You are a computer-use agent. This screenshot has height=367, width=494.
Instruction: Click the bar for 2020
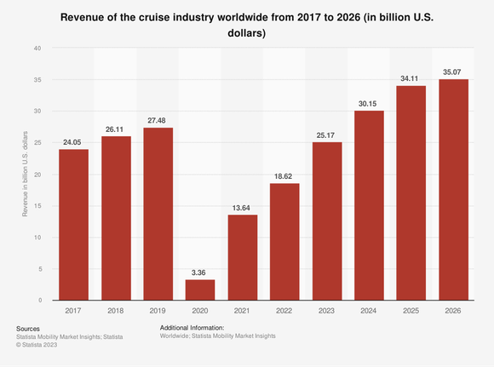click(x=200, y=290)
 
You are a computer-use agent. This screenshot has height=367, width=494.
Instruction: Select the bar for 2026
click(x=453, y=190)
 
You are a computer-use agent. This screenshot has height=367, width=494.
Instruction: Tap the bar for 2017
click(x=73, y=225)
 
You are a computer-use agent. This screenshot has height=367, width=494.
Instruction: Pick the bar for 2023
click(x=326, y=221)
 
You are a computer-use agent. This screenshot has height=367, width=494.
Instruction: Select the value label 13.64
click(x=242, y=206)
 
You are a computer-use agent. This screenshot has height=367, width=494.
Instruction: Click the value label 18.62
click(x=284, y=175)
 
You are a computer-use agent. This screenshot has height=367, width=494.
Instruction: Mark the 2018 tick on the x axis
click(x=116, y=310)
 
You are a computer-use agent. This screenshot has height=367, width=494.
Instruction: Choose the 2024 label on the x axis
click(x=369, y=310)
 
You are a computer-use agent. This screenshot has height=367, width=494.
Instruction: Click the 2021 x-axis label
click(x=242, y=310)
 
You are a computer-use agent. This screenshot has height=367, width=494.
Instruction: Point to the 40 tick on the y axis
click(x=37, y=48)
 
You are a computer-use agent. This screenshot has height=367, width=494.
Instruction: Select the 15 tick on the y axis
click(x=37, y=206)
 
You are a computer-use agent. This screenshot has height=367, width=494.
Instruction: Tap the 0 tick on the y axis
click(x=39, y=301)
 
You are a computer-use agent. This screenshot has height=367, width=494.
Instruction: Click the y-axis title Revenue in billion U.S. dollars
click(x=26, y=174)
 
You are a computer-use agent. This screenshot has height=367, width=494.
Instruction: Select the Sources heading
click(x=28, y=328)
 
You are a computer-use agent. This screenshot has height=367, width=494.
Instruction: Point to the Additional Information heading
click(x=192, y=328)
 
